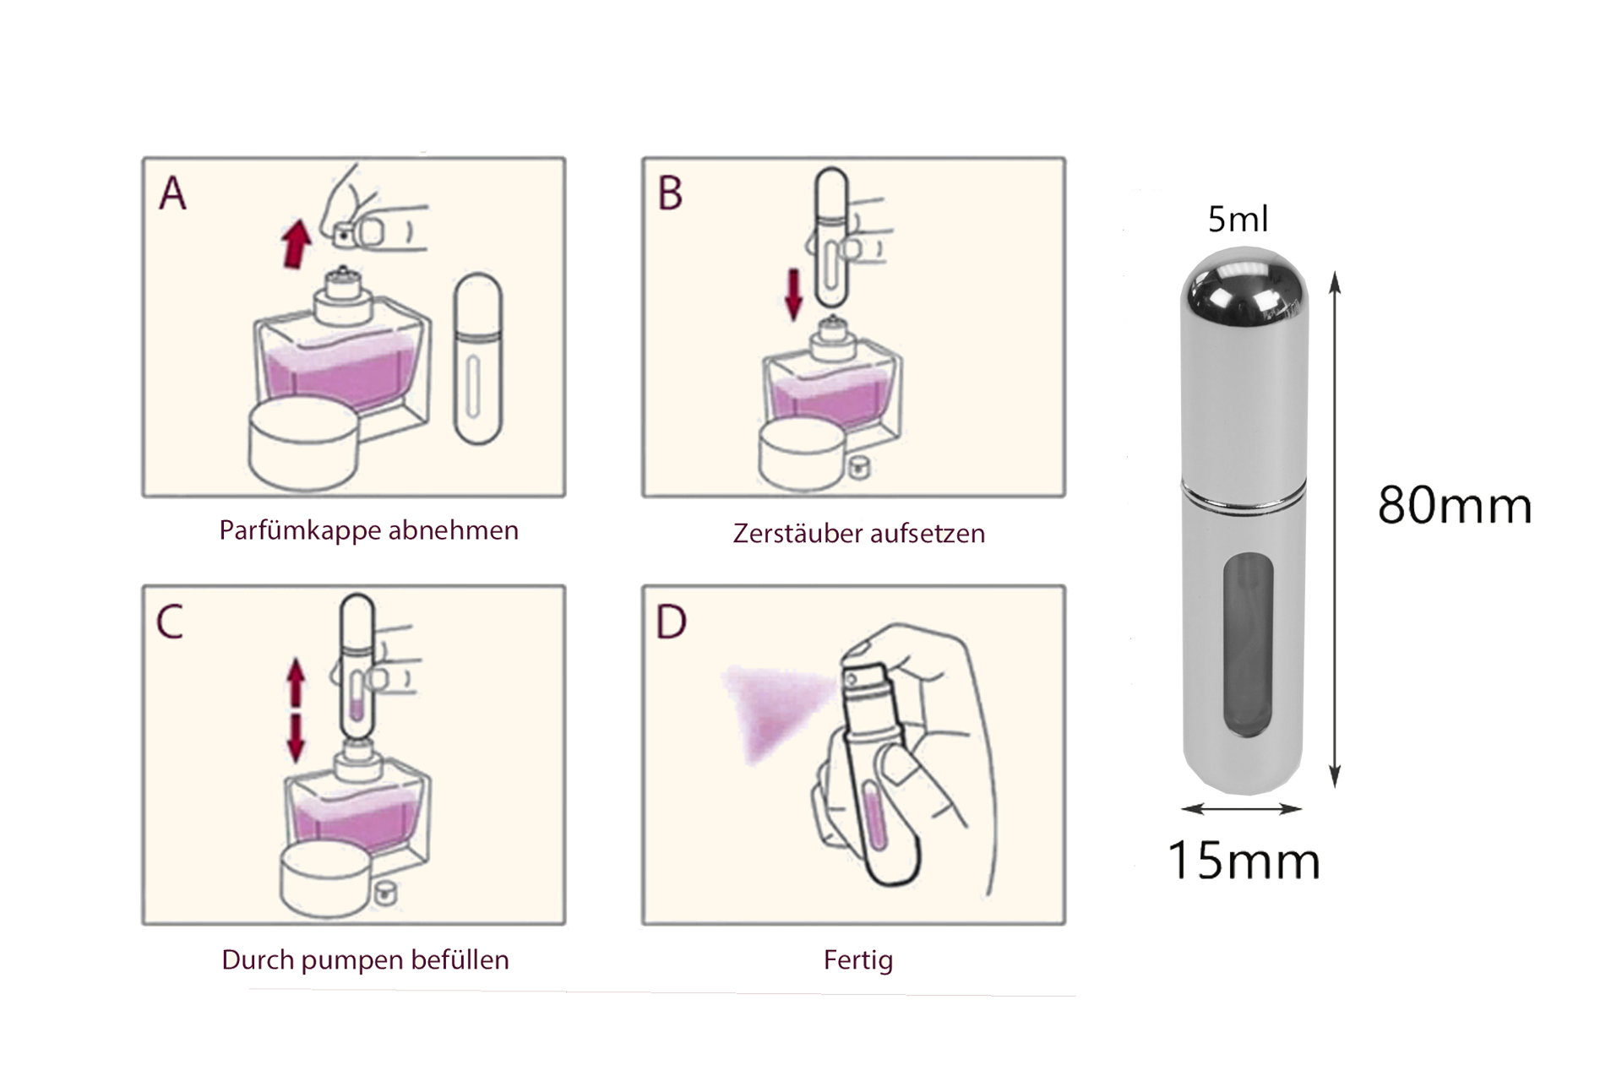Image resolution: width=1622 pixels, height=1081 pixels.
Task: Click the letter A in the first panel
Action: (x=173, y=193)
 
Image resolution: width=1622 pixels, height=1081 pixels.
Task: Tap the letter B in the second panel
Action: (x=670, y=193)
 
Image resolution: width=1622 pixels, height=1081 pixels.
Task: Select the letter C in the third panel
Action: (x=170, y=622)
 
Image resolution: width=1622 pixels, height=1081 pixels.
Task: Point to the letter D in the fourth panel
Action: (x=672, y=622)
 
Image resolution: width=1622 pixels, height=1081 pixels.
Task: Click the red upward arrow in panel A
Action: (x=296, y=243)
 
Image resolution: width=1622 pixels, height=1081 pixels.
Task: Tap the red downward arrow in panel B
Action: (x=793, y=295)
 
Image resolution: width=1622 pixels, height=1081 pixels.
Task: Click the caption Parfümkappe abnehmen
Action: (x=368, y=530)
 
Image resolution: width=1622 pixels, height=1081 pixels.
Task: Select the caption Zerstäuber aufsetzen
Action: (x=859, y=533)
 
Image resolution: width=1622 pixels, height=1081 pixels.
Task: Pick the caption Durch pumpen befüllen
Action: (x=365, y=960)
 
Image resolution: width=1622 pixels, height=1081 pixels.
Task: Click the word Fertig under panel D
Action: (x=858, y=960)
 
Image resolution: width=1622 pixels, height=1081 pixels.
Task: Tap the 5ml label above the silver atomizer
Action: (x=1238, y=220)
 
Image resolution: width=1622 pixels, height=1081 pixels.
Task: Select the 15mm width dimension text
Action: (x=1244, y=861)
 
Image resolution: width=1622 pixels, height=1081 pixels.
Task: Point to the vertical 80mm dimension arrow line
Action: (x=1335, y=530)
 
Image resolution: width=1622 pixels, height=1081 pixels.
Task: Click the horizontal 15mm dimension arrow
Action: (x=1242, y=809)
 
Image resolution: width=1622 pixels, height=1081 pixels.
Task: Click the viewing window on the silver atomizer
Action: (x=1248, y=645)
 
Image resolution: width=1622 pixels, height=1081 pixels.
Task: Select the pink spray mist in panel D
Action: (x=775, y=709)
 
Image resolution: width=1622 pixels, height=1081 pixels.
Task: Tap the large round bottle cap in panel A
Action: (x=304, y=444)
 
